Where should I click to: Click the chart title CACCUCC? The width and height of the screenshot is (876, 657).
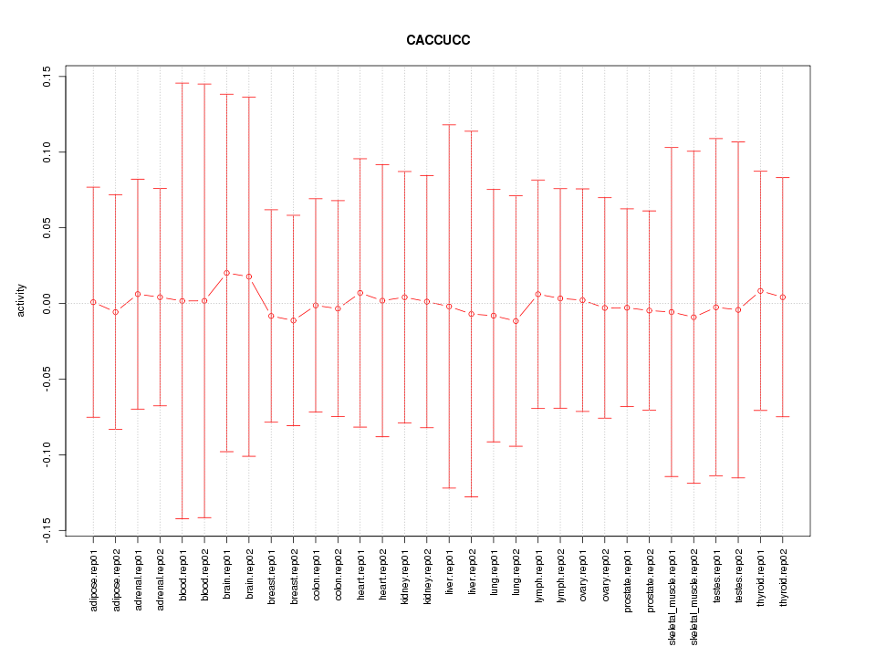(438, 40)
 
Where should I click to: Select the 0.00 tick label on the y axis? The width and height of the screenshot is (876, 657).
(46, 303)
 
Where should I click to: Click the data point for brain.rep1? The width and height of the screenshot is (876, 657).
(226, 273)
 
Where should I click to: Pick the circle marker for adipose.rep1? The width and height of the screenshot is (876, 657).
(93, 302)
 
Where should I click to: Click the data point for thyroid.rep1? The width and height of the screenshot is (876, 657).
(760, 291)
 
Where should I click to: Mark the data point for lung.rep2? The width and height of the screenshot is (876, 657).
(516, 321)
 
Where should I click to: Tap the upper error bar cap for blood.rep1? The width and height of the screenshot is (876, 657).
(182, 83)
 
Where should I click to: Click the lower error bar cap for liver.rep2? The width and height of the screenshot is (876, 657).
(471, 496)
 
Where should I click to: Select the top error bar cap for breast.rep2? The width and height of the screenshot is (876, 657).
(293, 215)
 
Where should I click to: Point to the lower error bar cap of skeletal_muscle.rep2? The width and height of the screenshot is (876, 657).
(693, 483)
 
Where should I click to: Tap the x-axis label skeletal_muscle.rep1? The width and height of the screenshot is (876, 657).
(672, 592)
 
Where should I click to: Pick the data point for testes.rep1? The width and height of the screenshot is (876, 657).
(716, 308)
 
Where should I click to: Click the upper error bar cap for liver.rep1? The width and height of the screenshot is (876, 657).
(449, 124)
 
